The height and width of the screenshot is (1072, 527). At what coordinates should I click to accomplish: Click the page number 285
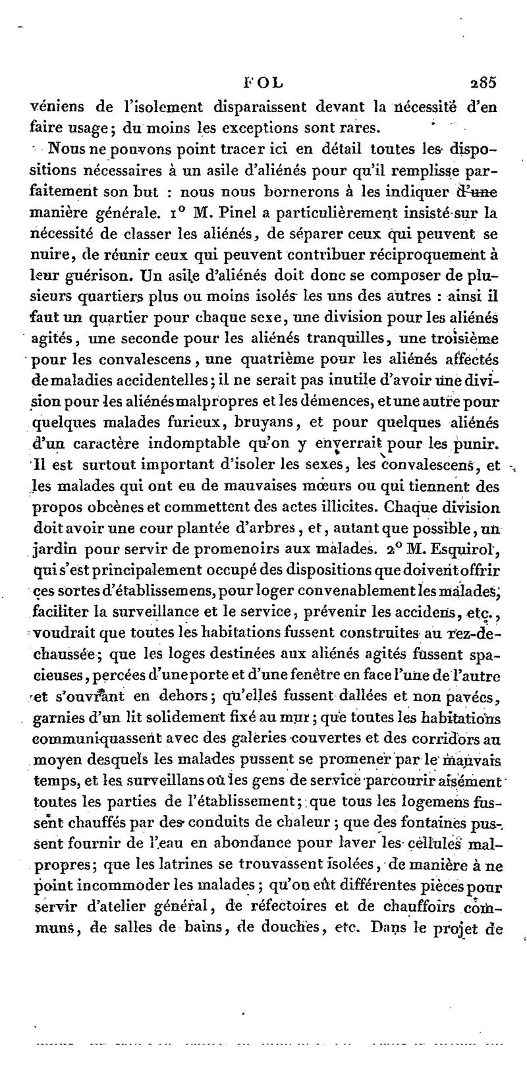[x=483, y=83]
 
